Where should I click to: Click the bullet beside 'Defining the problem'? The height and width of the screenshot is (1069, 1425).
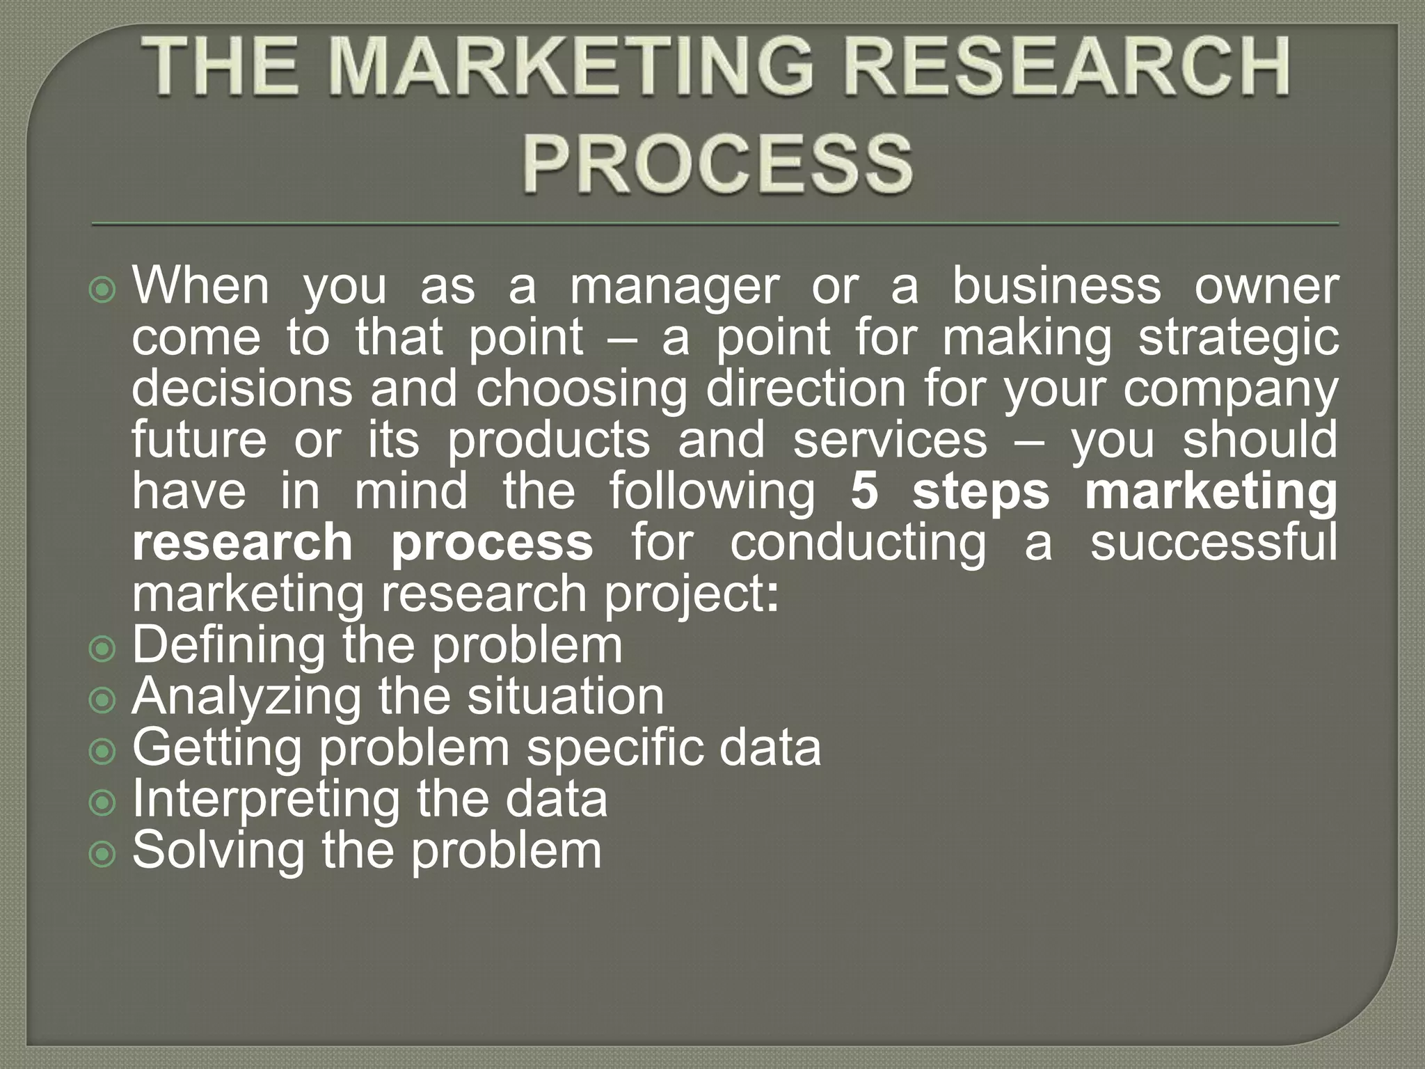coord(103,649)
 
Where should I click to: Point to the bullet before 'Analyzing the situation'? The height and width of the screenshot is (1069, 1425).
coord(103,701)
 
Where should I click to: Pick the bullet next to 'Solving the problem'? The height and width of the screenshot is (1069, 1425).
coord(103,855)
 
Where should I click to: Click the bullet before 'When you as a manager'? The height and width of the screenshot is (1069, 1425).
coord(103,290)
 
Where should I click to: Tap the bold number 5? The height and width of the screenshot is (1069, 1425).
coord(864,491)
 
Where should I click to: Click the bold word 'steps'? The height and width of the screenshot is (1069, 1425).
coord(980,493)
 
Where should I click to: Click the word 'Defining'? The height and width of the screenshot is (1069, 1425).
coord(228,646)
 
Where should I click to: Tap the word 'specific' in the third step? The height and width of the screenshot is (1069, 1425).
coord(614,749)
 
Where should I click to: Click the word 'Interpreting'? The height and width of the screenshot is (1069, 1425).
coord(266,800)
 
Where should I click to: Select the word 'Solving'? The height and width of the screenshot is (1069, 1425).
coord(218,851)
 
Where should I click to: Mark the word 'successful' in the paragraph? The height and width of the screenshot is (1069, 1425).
coord(1213,543)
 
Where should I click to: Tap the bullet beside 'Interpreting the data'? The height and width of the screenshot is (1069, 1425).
coord(103,804)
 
